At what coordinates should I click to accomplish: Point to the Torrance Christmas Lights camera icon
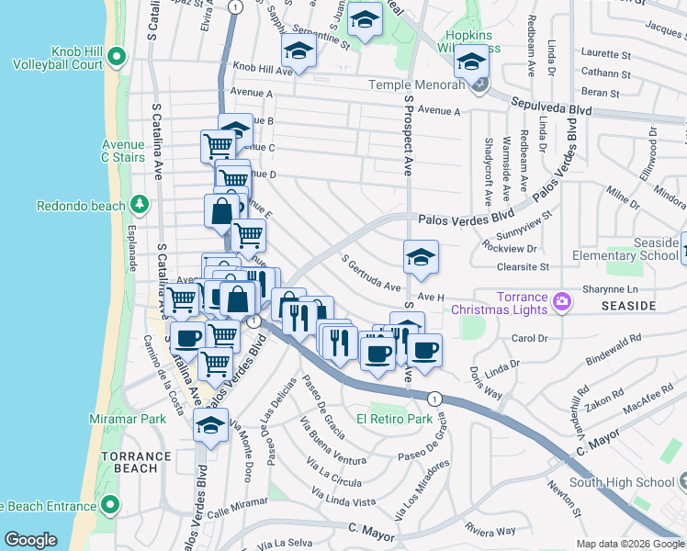point(562,299)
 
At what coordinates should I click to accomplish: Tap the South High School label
point(622,482)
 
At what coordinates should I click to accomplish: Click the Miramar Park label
point(134,419)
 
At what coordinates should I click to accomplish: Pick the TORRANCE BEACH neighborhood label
point(136,462)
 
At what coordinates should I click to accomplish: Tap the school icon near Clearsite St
point(421,256)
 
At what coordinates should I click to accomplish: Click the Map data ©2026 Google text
point(629,544)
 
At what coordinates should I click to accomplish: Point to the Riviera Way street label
point(490,530)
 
